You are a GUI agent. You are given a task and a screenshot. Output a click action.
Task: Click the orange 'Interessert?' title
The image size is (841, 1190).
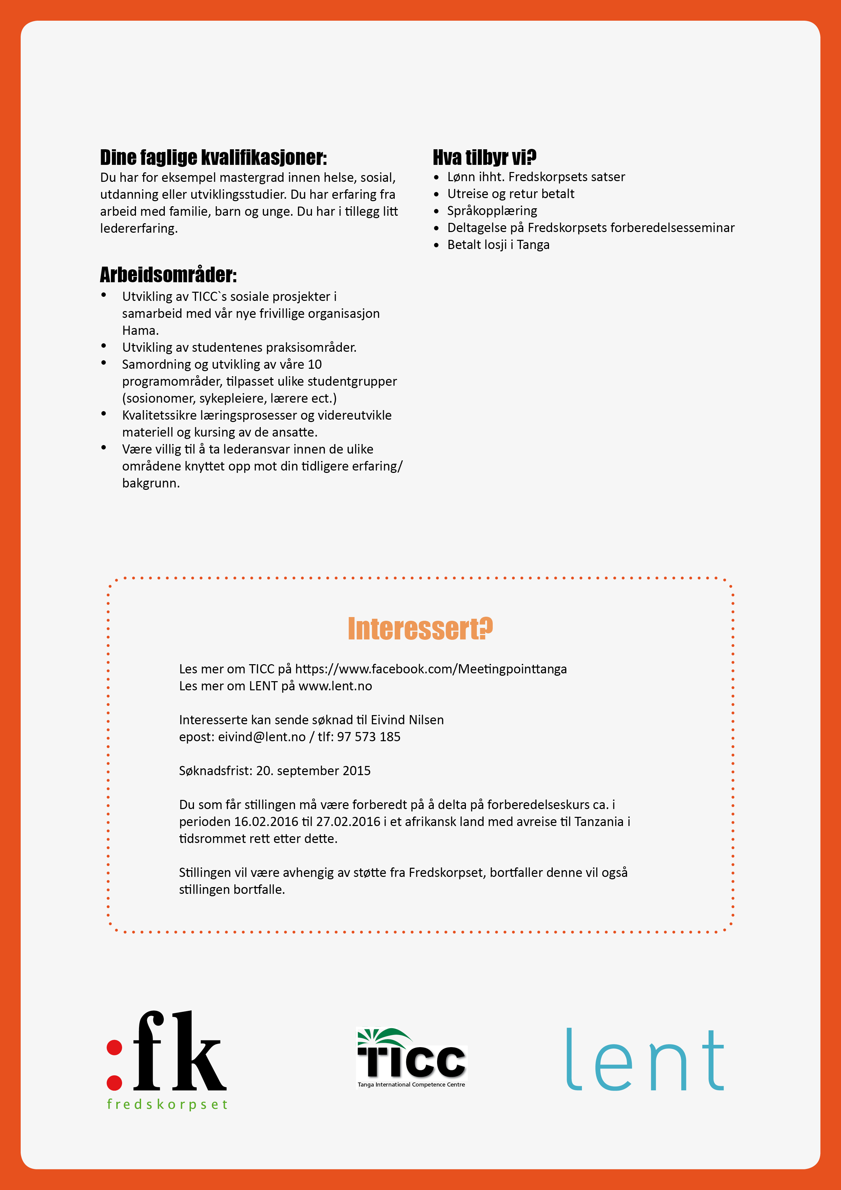[420, 629]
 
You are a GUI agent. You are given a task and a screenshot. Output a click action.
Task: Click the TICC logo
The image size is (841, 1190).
[412, 1057]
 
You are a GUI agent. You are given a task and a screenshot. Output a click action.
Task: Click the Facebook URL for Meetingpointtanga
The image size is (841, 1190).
[431, 669]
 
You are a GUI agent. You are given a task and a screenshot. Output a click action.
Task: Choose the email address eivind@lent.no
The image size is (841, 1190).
[262, 737]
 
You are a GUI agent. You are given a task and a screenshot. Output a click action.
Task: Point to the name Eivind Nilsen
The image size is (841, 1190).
[407, 720]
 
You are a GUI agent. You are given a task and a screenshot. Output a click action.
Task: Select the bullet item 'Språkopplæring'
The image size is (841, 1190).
[492, 211]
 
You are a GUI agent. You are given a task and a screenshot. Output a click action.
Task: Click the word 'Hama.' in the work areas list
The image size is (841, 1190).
[140, 331]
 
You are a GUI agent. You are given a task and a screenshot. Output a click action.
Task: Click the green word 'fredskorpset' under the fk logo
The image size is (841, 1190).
[167, 1105]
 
